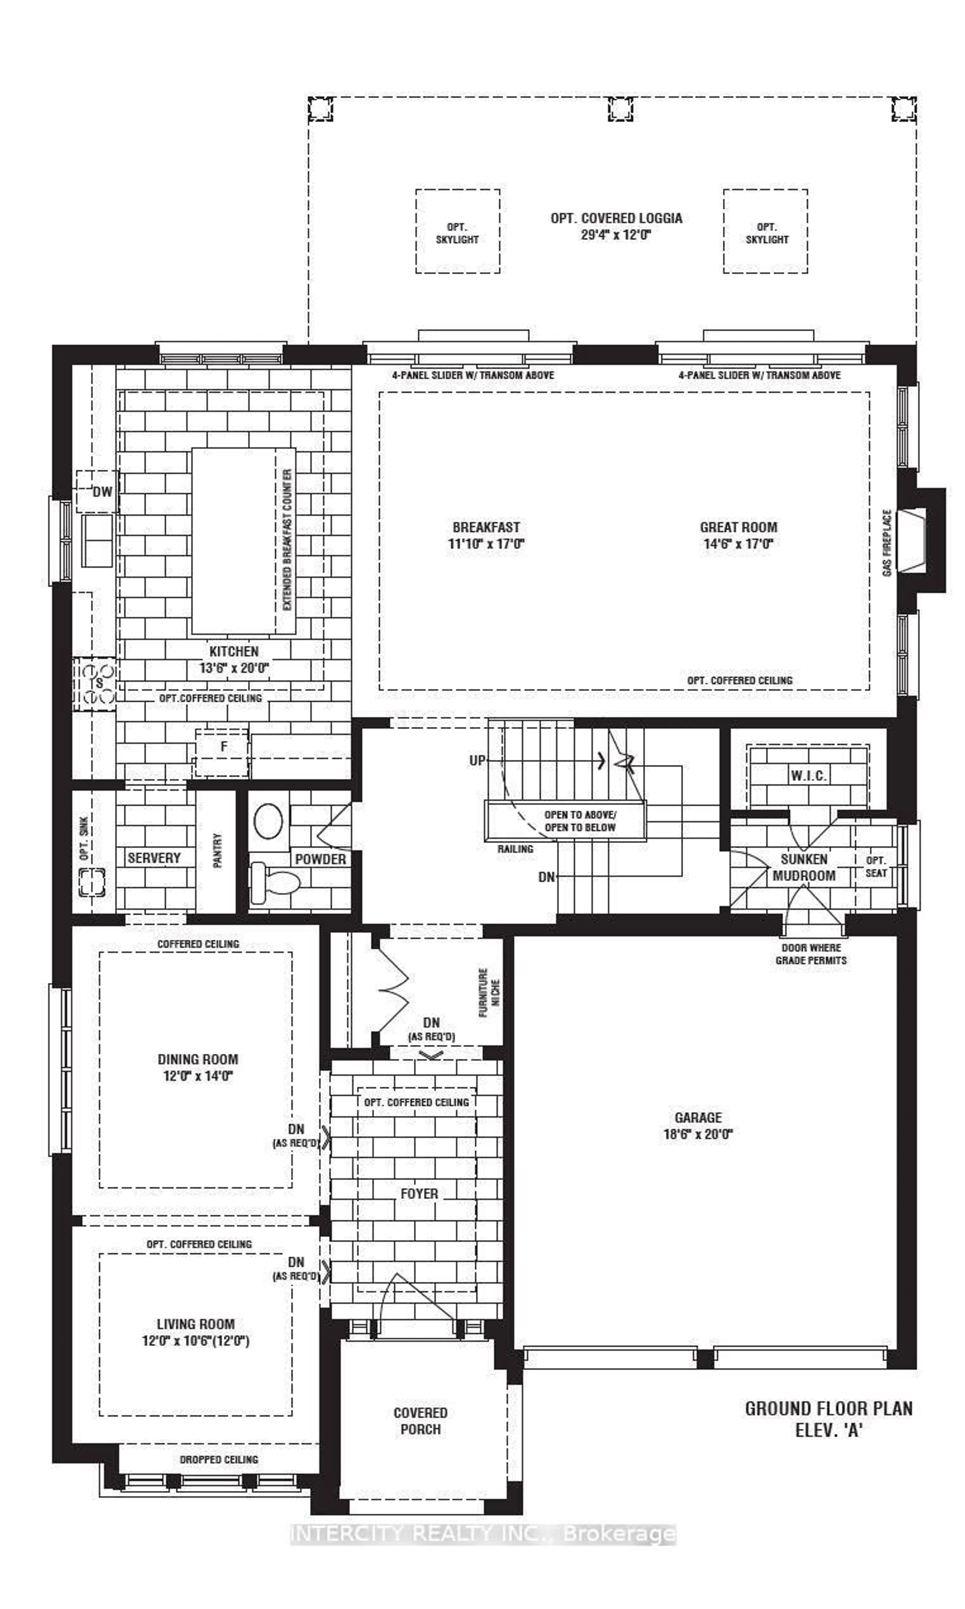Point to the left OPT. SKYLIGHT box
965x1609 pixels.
(x=458, y=232)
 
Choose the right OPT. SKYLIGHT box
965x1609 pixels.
(x=765, y=232)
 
